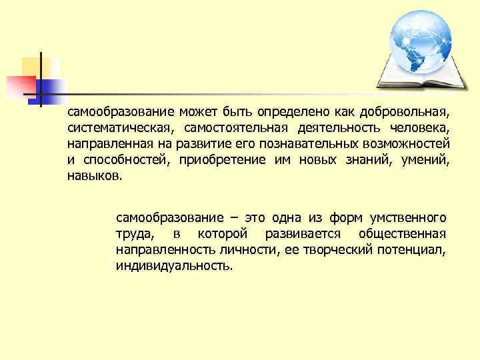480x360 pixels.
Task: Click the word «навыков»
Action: click(x=94, y=177)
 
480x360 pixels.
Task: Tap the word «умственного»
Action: click(x=407, y=219)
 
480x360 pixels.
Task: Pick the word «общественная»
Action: click(x=402, y=235)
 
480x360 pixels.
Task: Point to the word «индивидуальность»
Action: click(x=175, y=267)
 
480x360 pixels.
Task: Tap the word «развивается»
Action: click(x=303, y=235)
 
